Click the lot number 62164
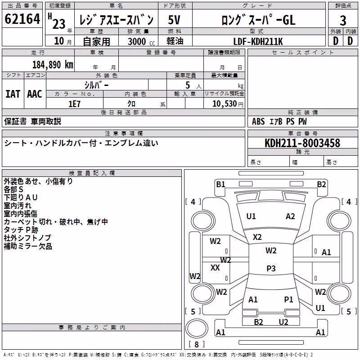(22, 19)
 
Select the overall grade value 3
(343, 20)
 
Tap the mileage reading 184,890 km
(53, 65)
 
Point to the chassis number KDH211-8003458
(302, 143)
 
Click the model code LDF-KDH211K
(258, 41)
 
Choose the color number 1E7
(74, 104)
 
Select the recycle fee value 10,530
(225, 104)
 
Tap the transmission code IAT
(13, 94)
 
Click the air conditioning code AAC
(35, 94)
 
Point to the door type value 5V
(174, 20)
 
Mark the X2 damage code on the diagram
(257, 237)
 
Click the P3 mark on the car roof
(271, 268)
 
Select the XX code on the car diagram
(215, 267)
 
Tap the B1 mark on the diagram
(220, 184)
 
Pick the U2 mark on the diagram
(283, 322)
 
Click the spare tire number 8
(197, 344)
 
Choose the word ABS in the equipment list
(258, 121)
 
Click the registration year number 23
(59, 24)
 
